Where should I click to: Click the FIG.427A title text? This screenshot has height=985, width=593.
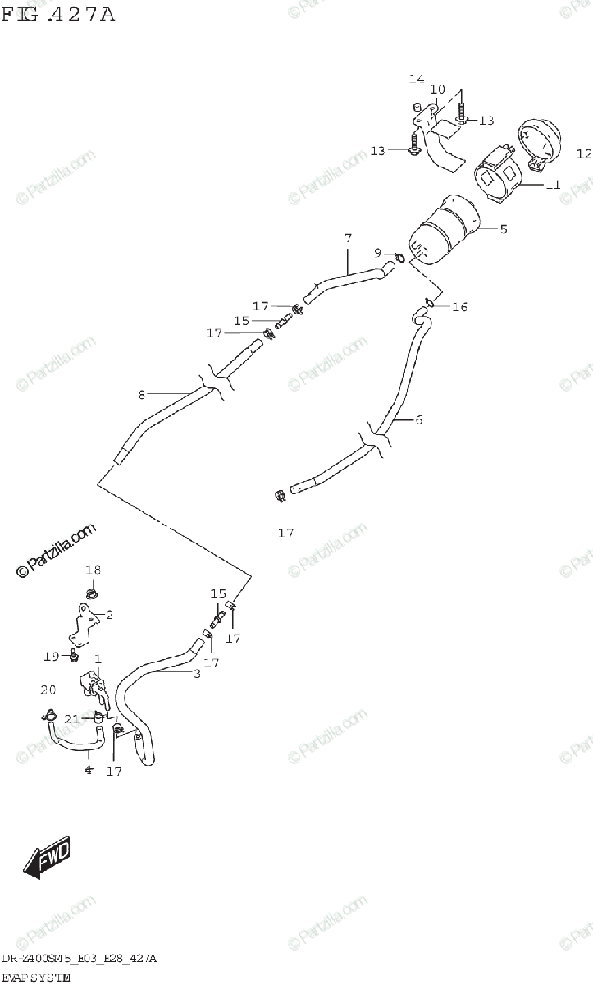[x=58, y=14]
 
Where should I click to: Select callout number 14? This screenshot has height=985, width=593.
[x=417, y=79]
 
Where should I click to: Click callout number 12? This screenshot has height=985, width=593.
[x=583, y=153]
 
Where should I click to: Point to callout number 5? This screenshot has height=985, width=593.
[x=504, y=229]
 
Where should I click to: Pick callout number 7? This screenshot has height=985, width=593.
[x=348, y=238]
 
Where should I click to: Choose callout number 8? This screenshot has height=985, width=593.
[x=141, y=394]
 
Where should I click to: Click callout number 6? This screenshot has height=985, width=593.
[x=418, y=420]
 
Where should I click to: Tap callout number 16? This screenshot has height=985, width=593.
[x=459, y=307]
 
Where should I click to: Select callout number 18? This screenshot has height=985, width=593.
[x=94, y=570]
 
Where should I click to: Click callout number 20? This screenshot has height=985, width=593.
[x=48, y=689]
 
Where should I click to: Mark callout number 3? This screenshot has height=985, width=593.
[x=197, y=674]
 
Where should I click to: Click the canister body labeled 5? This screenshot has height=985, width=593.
[x=443, y=230]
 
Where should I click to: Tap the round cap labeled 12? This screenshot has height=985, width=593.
[x=541, y=140]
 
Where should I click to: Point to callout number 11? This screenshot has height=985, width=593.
[x=554, y=185]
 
